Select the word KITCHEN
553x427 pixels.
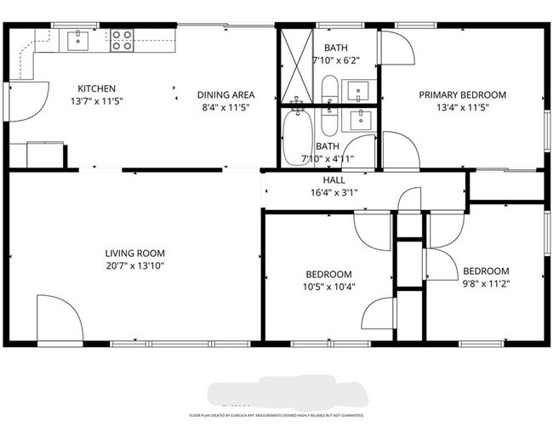96,88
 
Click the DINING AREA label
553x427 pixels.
225,94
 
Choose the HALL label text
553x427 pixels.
334,180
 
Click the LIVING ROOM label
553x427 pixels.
134,253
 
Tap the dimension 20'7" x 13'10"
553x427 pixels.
134,265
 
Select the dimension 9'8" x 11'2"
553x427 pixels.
486,284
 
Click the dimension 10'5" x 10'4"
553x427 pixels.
328,287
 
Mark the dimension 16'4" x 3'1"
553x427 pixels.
334,192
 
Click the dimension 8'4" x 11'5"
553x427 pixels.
225,107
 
